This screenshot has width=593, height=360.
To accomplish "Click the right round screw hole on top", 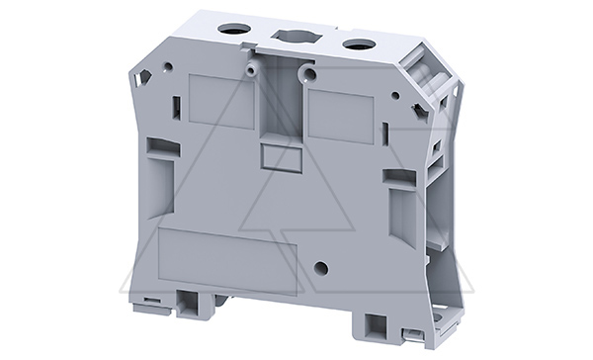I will [x=354, y=45].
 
